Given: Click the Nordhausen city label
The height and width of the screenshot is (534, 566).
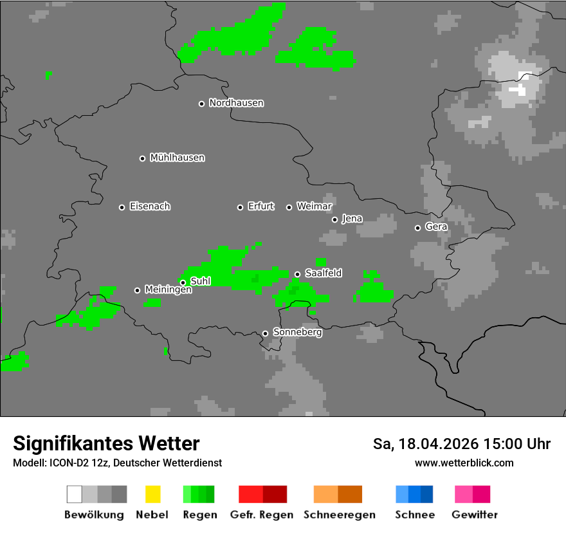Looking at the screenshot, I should [236, 103].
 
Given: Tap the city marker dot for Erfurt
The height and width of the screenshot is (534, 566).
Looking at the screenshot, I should [240, 207].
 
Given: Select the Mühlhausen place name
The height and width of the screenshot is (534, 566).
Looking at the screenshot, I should [177, 158].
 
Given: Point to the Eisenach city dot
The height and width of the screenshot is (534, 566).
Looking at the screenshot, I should [122, 207].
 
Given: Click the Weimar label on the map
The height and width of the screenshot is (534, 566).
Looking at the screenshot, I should [314, 207].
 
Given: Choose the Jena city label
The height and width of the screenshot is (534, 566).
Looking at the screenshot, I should [352, 219].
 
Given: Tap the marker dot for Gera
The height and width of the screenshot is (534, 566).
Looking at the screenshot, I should [417, 228].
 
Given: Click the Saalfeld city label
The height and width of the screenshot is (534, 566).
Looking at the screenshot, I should [323, 273].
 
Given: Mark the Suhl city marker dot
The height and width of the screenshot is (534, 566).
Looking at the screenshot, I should [183, 282].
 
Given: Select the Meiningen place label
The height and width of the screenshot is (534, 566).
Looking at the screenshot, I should [168, 290].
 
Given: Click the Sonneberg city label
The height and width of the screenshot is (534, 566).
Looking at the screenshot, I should [297, 333].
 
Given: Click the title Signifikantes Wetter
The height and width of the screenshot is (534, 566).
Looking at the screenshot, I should [106, 443].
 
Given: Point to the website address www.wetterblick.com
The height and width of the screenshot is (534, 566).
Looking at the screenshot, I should [464, 463].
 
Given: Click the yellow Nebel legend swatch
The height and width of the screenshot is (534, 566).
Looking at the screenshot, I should [152, 494].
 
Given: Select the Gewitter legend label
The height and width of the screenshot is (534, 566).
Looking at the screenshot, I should [474, 515].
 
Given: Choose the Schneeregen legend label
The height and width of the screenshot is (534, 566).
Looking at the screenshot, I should [340, 515].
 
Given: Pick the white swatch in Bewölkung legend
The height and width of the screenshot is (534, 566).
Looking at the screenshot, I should [75, 494].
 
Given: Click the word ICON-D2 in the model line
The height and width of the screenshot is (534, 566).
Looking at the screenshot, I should [63, 463].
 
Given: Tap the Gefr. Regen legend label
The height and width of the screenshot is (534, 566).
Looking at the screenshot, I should [261, 515].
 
